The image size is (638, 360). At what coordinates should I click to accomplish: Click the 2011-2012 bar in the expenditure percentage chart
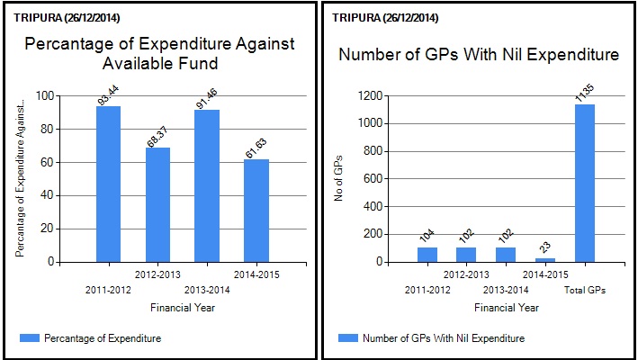108,184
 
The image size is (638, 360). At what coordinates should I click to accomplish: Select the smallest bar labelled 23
545,260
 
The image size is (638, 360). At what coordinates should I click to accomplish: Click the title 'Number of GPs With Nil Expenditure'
478,55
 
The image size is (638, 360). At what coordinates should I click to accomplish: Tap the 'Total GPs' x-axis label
585,289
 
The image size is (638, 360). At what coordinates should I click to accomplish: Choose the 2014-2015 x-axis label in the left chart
256,274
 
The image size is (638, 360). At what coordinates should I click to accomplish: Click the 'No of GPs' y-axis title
339,179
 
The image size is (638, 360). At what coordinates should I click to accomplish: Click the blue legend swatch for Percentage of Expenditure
29,337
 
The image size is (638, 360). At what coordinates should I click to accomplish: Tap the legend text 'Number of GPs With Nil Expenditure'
444,338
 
